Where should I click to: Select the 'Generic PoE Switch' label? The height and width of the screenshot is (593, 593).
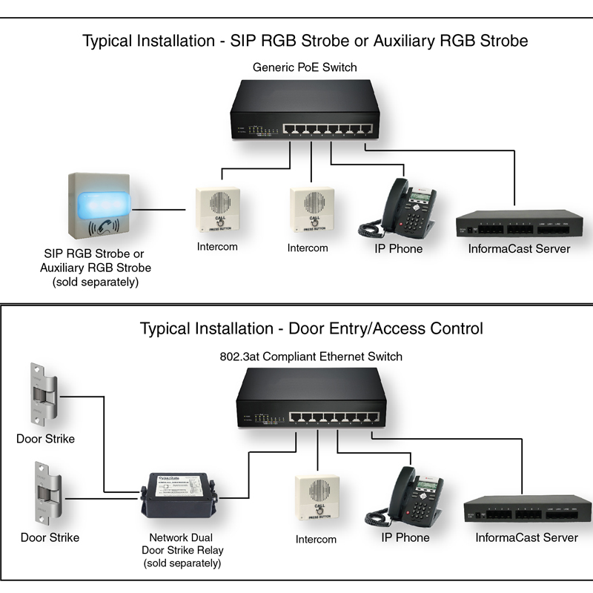305,67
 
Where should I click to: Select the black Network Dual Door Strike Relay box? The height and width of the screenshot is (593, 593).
177,494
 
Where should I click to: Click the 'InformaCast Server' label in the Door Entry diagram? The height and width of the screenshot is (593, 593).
526,537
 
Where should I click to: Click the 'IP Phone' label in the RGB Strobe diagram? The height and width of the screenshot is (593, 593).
398,249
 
